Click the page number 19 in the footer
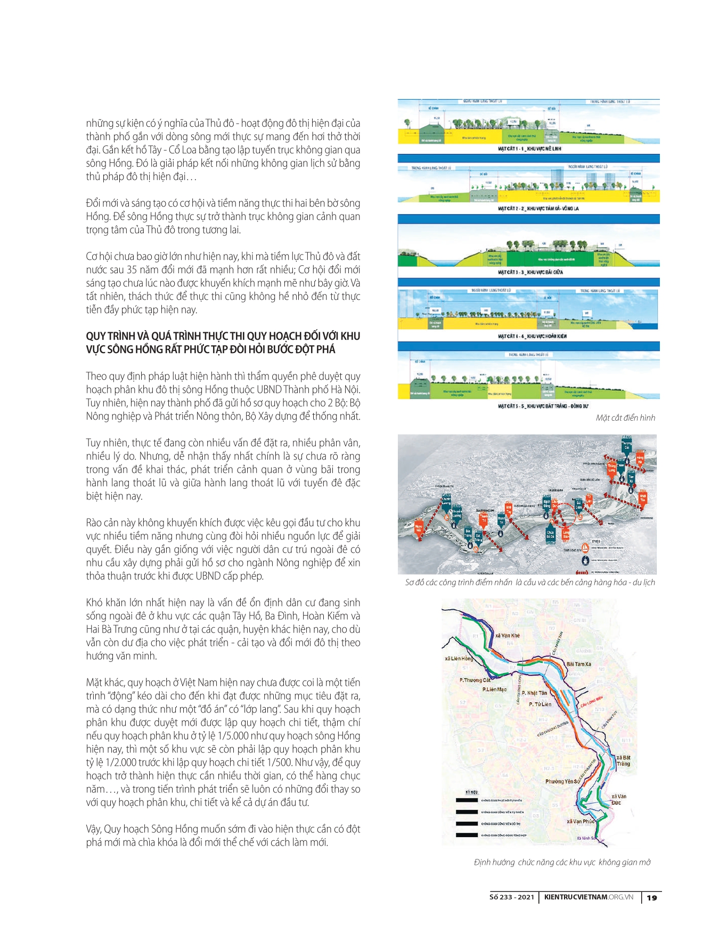(652, 898)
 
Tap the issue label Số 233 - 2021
(511, 897)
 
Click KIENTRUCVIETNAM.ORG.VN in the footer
(589, 897)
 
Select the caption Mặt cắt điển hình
(625, 418)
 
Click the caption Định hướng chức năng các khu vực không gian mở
(562, 862)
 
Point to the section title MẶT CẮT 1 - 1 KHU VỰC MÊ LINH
(529, 149)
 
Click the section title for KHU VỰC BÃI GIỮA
(530, 272)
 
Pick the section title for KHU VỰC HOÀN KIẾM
(532, 337)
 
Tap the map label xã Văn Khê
(507, 636)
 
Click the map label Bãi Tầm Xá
(578, 665)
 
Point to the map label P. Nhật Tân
(534, 693)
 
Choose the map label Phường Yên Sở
(562, 782)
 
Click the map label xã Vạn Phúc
(581, 822)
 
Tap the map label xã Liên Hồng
(459, 659)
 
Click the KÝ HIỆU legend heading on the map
(472, 792)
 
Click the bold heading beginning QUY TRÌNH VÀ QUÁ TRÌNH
(223, 343)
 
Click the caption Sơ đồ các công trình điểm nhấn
(529, 583)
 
